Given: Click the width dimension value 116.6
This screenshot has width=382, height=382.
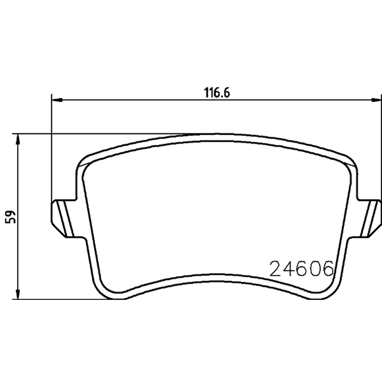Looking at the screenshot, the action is [217, 93].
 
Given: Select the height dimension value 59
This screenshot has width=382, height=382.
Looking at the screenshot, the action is [11, 217].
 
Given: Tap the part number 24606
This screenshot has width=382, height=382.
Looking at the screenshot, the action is [301, 268].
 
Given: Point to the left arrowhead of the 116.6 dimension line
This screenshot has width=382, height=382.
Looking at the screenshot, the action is [57, 100].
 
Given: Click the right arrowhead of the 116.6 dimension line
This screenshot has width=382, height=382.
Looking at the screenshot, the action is [376, 100].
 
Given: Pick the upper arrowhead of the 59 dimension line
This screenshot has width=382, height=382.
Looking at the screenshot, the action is [18, 139].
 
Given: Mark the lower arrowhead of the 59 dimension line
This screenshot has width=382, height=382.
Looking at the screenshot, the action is [18, 294].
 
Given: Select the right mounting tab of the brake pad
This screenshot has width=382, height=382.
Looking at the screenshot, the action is [369, 218].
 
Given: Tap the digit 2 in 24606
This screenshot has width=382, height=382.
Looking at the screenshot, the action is [276, 269].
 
